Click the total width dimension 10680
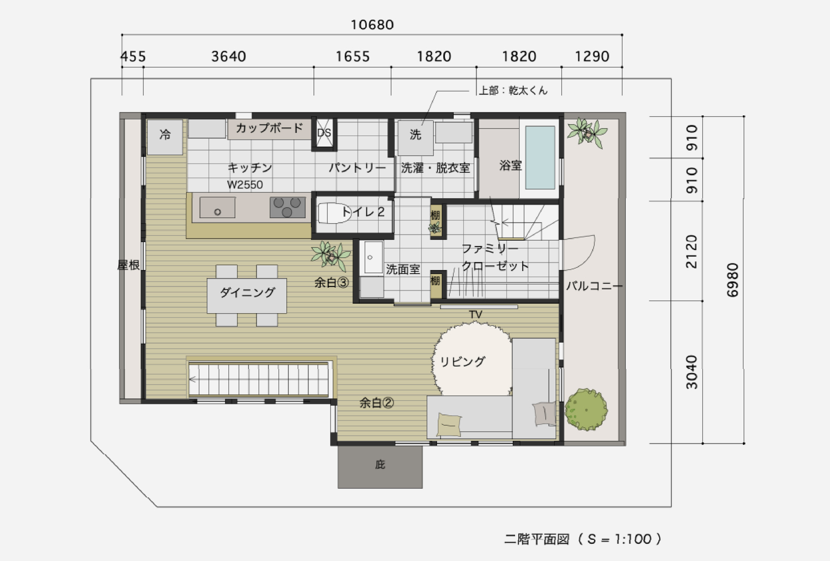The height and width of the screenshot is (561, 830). coord(372,25)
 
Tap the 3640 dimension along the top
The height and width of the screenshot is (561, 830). coord(229,56)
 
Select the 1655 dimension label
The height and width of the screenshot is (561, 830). coord(352,56)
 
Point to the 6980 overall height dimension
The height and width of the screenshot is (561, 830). coord(733,280)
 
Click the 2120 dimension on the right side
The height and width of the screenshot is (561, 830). coord(692,251)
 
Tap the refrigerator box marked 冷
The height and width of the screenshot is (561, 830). coord(165,137)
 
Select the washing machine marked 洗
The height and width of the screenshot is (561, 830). coord(416,138)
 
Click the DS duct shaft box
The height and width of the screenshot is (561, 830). coord(324,133)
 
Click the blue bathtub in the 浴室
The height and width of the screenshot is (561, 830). coord(540,157)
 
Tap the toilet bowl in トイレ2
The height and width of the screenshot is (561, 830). coord(334,213)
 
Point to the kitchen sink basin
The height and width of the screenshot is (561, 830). coord(218,207)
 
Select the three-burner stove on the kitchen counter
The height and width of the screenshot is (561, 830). coord(287,207)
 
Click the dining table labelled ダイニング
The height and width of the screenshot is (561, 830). coord(247,295)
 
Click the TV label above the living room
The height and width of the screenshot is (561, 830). coord(476,315)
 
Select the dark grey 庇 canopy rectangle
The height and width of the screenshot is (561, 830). coord(380,467)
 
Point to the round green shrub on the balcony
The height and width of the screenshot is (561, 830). coord(586,409)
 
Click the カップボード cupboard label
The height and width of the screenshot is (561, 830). coord(269,128)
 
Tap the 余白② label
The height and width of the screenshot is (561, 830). coord(377,403)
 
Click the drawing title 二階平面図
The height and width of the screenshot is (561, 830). coord(536,539)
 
